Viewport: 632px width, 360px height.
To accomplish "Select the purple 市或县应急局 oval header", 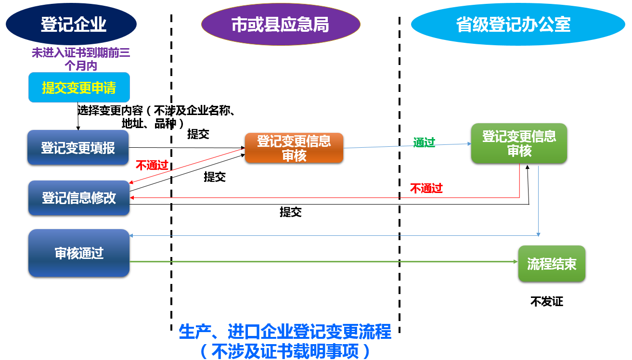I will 281,25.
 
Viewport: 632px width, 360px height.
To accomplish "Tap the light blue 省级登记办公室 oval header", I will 513,25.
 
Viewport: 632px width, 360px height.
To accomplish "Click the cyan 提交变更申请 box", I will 79,88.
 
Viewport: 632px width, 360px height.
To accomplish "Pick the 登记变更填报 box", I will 78,148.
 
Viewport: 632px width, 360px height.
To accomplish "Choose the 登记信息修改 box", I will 79,198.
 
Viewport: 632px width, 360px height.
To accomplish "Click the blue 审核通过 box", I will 79,253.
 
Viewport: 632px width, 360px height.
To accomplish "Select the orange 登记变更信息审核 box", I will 294,148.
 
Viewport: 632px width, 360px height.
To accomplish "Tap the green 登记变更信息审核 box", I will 519,143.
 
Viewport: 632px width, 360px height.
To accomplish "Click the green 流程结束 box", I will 552,264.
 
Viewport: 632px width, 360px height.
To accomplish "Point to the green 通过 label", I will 424,142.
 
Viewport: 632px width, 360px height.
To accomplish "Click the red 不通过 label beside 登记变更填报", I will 152,166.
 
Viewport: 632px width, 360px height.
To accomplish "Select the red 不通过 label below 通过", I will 426,188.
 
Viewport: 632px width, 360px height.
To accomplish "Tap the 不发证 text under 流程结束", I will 547,302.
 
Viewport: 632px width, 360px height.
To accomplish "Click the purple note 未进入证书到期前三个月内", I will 81,59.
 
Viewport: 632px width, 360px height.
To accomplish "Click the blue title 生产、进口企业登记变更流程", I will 285,332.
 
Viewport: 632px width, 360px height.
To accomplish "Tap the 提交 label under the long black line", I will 291,212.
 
